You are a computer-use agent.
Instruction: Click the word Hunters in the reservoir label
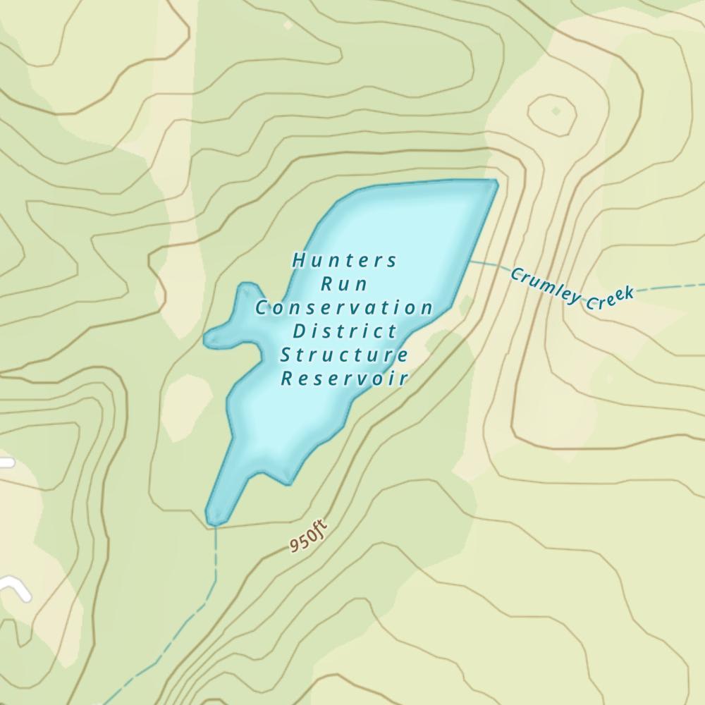point(345,261)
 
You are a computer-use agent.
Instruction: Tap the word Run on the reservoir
point(345,285)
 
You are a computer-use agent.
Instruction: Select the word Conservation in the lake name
point(345,308)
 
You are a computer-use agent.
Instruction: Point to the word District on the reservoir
point(345,331)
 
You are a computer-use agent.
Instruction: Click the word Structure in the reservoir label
point(345,355)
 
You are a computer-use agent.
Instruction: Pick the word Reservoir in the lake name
point(345,379)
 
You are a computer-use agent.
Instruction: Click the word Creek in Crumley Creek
point(608,295)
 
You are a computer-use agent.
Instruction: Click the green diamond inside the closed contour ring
point(556,111)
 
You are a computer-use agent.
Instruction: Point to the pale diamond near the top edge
point(288,25)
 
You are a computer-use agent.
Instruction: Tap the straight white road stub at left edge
point(6,462)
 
